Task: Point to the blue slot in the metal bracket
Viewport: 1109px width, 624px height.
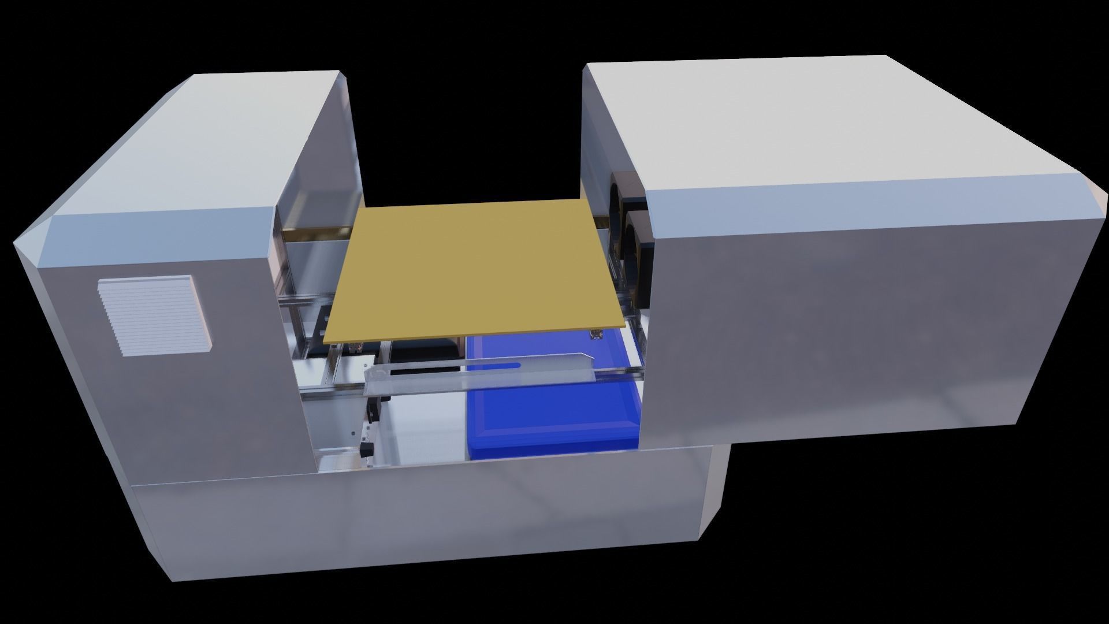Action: [x=494, y=365]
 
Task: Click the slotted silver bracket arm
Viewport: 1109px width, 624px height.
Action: [x=479, y=376]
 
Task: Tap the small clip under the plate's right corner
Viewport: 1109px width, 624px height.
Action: [x=595, y=335]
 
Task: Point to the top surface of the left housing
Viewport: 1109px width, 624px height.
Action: [x=191, y=150]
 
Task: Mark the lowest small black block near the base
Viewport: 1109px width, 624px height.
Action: [x=366, y=450]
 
